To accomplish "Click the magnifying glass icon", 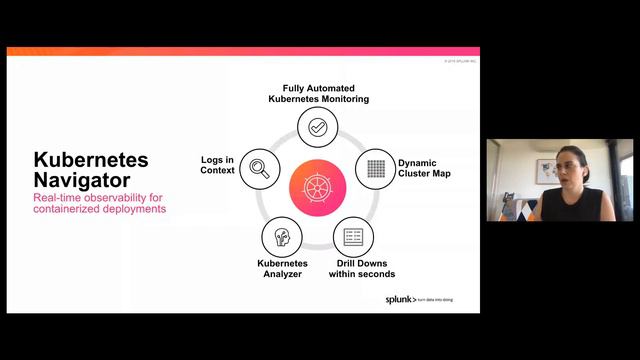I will (259, 166).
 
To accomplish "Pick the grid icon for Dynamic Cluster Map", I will (376, 166).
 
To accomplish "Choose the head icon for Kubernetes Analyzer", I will (281, 237).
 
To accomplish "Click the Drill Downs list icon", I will (353, 237).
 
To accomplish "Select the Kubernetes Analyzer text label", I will (281, 269).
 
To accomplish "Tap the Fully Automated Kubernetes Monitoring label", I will (319, 95).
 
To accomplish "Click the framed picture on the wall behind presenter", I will (546, 171).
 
